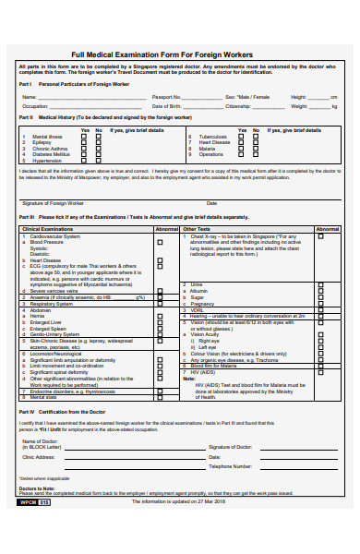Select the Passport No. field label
[166, 97]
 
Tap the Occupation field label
[36, 106]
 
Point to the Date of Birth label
[167, 106]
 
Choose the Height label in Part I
[300, 97]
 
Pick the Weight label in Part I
[300, 106]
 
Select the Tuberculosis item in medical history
[213, 137]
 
